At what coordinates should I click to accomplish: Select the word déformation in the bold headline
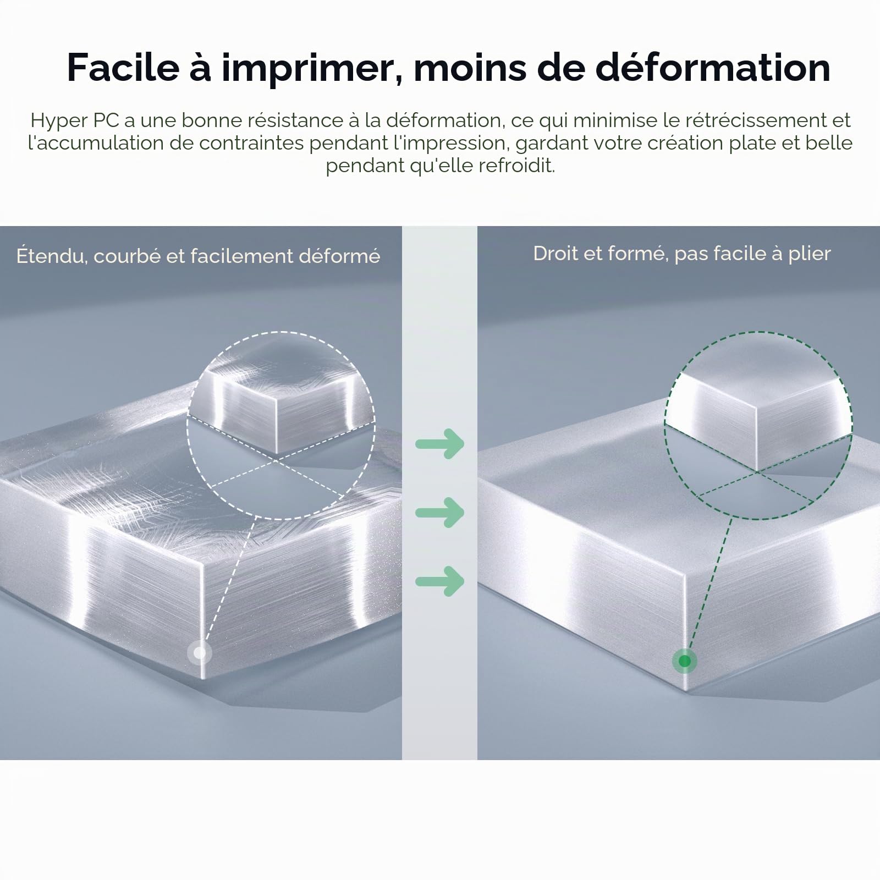(713, 67)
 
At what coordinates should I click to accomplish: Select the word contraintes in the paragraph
(251, 143)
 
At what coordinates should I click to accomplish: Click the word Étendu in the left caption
(52, 256)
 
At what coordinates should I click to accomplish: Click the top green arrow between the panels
(440, 443)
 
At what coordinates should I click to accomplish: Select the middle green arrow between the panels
(440, 513)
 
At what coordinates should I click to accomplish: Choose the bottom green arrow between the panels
(440, 581)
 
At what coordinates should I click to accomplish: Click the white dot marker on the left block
(199, 653)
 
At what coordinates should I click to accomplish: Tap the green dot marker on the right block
(685, 661)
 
